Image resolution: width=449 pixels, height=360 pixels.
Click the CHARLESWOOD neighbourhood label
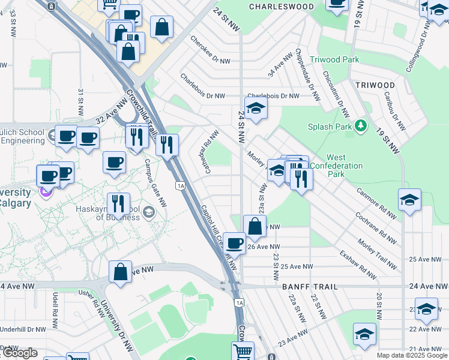[282, 7]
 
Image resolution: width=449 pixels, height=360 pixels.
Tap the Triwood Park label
[334, 59]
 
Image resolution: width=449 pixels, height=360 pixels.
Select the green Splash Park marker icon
[361, 126]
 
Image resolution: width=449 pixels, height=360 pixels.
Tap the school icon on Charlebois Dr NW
[256, 109]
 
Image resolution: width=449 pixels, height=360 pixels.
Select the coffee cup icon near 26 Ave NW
[234, 243]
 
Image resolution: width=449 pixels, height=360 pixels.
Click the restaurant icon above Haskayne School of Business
[119, 205]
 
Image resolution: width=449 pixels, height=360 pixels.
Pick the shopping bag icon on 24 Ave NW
[120, 271]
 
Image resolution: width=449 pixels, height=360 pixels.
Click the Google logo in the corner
[20, 353]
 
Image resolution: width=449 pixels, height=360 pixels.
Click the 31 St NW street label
[80, 102]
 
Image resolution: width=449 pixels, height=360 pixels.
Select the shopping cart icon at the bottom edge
[243, 352]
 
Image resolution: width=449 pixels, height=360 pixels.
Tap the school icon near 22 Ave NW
[364, 334]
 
